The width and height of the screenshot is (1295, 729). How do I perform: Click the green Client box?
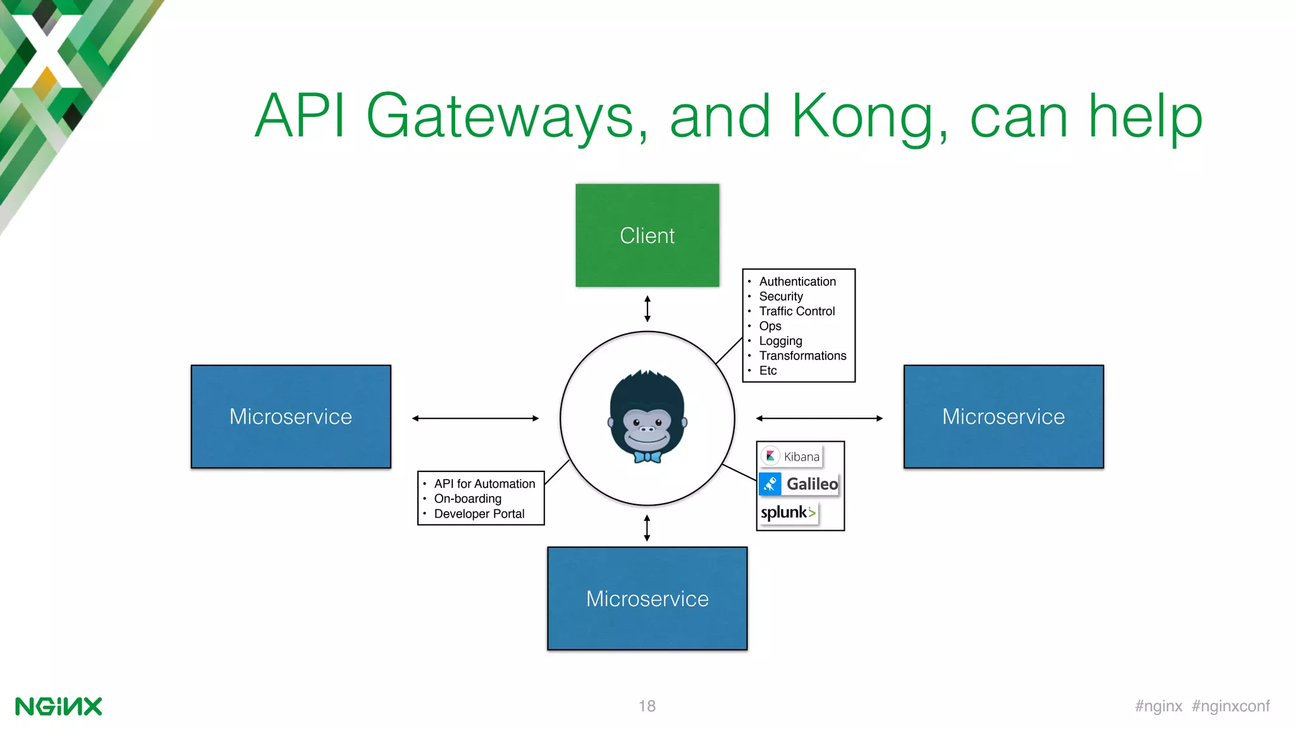647,235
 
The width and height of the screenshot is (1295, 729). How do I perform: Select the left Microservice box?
291,416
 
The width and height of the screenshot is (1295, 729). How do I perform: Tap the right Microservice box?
1003,416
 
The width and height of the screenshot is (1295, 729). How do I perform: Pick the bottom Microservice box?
647,598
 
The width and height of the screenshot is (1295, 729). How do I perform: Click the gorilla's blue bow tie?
647,456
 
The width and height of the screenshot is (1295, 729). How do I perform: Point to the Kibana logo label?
792,456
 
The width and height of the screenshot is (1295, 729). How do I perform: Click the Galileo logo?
799,484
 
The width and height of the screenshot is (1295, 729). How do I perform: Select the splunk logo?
789,512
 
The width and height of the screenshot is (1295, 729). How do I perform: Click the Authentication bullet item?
797,282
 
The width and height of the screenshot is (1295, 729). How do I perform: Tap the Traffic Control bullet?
797,311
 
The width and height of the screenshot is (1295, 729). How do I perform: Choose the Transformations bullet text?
802,356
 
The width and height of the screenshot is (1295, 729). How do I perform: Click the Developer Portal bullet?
479,514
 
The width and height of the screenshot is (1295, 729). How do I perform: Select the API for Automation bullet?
484,483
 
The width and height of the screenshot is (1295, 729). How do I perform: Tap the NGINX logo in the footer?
58,706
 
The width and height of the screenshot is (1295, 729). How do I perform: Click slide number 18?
647,706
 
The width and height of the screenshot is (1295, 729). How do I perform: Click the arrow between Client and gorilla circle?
647,309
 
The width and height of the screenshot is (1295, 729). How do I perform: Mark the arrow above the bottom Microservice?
647,528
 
